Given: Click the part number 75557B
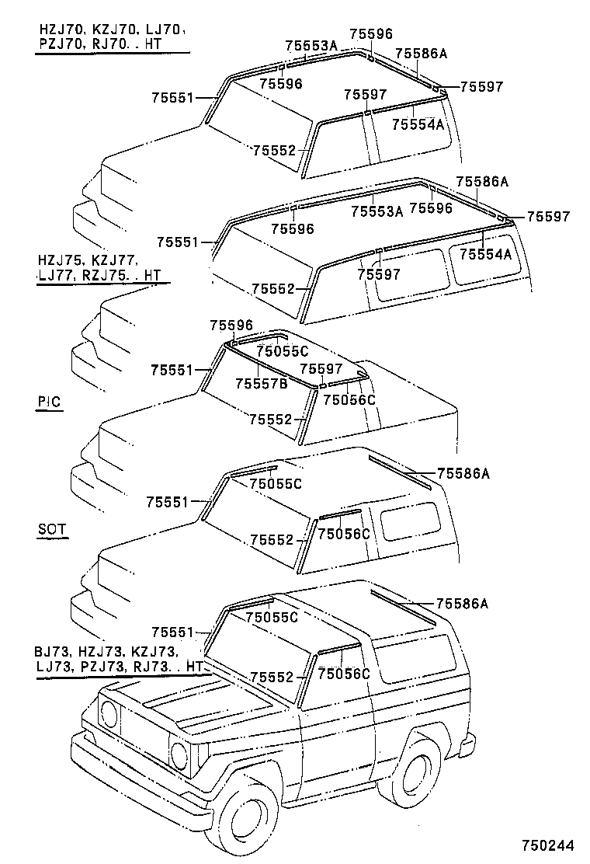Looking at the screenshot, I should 261,383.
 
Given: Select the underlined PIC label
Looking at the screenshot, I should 49,402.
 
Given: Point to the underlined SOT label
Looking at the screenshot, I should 51,530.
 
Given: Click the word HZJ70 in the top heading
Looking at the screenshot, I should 57,30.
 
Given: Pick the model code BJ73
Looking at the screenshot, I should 50,651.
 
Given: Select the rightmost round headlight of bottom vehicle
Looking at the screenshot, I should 179,753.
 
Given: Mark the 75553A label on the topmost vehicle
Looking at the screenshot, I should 311,46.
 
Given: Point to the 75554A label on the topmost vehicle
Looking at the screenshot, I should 418,124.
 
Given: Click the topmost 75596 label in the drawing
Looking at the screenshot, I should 370,33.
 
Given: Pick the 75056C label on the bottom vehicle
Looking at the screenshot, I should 343,674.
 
